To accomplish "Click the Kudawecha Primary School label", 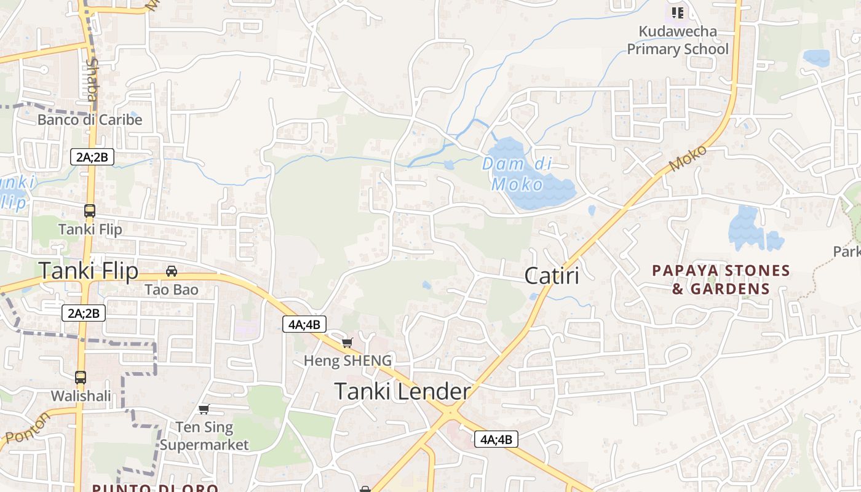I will (677, 40).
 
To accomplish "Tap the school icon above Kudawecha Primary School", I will (678, 12).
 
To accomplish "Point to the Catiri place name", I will (552, 276).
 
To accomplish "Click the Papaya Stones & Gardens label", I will (721, 280).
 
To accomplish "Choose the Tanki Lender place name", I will (403, 391).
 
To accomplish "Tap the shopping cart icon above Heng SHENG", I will (347, 343).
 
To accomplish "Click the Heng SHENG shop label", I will (347, 360).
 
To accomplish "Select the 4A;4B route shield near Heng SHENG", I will (304, 324).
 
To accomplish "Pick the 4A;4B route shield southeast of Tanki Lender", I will (496, 439).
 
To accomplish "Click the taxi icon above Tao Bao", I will (172, 271).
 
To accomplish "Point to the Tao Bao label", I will (172, 289).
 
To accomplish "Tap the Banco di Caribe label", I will (90, 119).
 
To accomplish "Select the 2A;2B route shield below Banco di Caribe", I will (92, 157).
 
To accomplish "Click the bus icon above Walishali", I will (81, 378).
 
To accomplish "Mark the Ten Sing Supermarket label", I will (205, 435).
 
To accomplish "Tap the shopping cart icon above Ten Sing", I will (204, 410).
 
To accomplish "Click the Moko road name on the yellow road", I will (689, 159).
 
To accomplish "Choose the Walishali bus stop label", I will (81, 395).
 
